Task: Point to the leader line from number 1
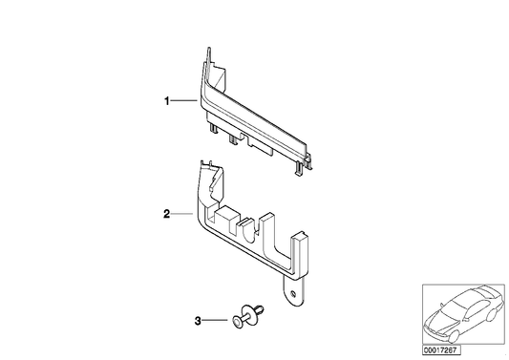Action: coord(183,99)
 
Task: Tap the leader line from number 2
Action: coord(183,215)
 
